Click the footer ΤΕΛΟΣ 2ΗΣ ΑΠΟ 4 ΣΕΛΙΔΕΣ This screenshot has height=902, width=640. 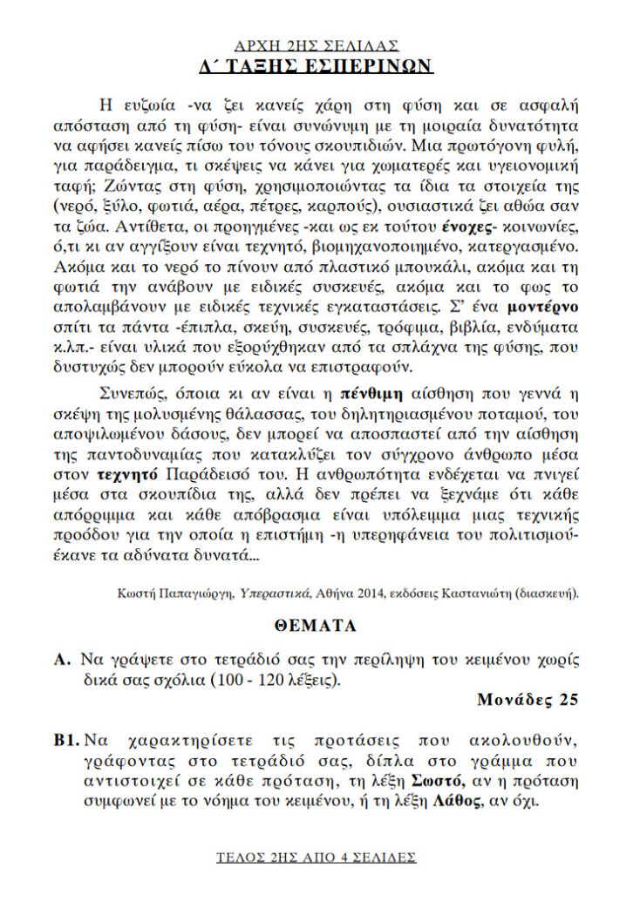317,858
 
